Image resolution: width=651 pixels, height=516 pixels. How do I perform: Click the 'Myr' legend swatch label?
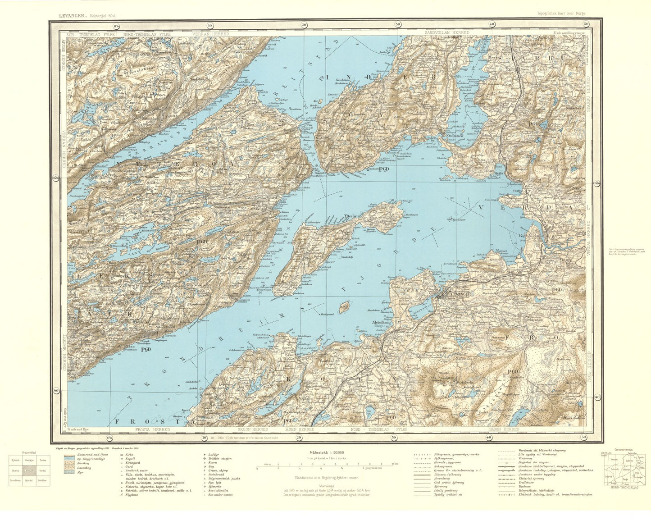tap(81, 473)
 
